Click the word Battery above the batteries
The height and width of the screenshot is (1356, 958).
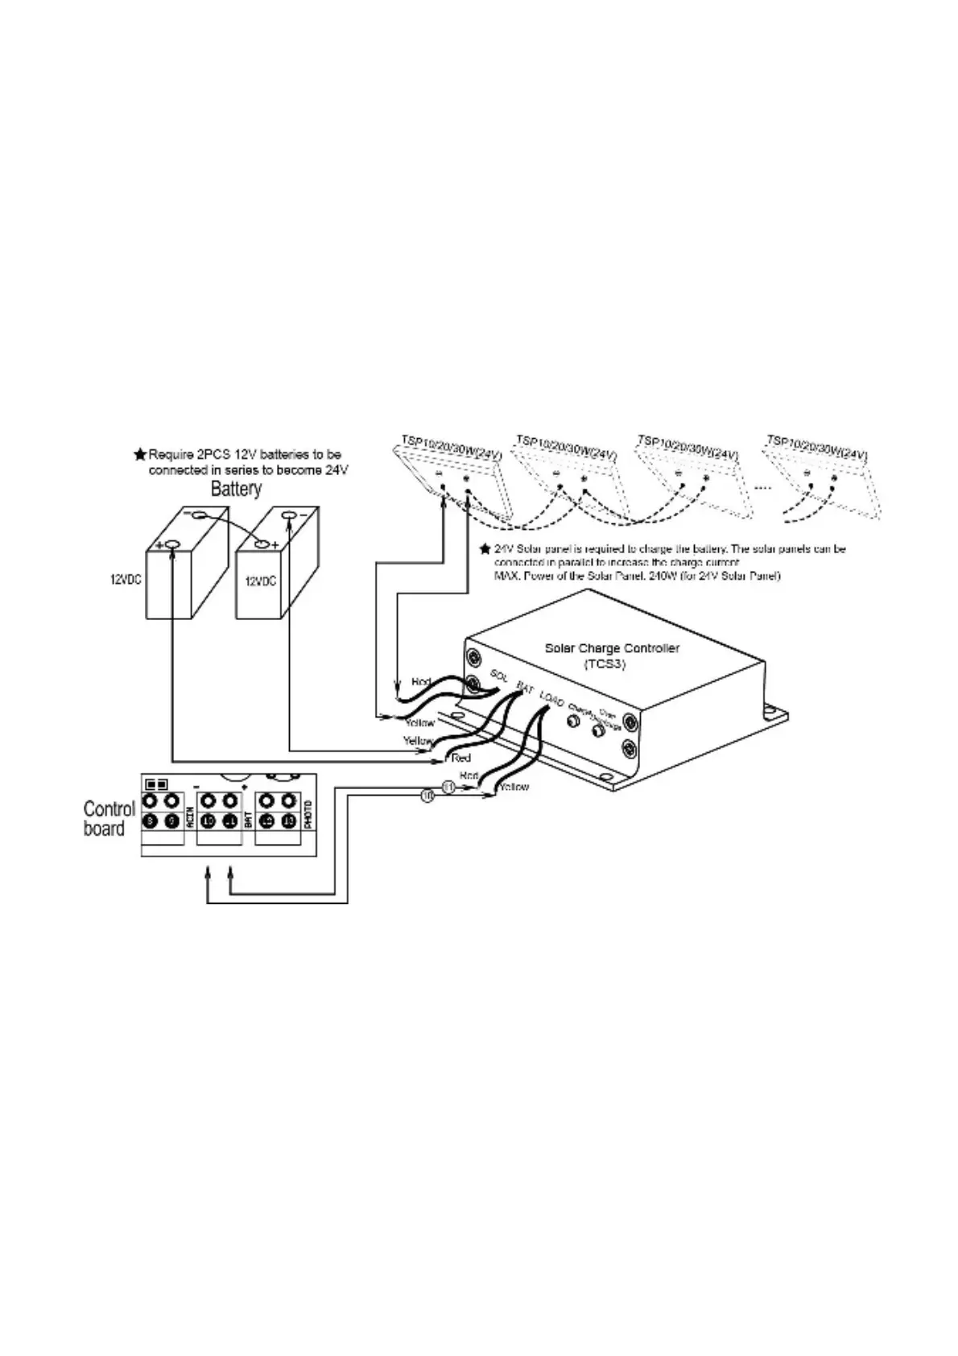pos(236,489)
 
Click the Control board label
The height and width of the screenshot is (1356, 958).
pos(109,819)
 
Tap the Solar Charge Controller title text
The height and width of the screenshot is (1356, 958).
pos(612,648)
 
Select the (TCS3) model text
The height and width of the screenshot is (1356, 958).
pos(605,665)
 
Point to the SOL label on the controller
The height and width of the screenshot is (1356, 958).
pos(499,676)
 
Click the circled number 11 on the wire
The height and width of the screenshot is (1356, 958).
pos(449,787)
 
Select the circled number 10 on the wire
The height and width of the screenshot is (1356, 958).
pos(427,796)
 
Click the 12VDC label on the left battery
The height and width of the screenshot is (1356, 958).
pos(126,579)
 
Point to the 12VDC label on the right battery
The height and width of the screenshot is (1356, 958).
pos(261,581)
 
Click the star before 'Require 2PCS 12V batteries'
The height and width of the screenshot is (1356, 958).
pos(139,455)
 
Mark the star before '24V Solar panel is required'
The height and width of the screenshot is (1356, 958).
pos(485,549)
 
